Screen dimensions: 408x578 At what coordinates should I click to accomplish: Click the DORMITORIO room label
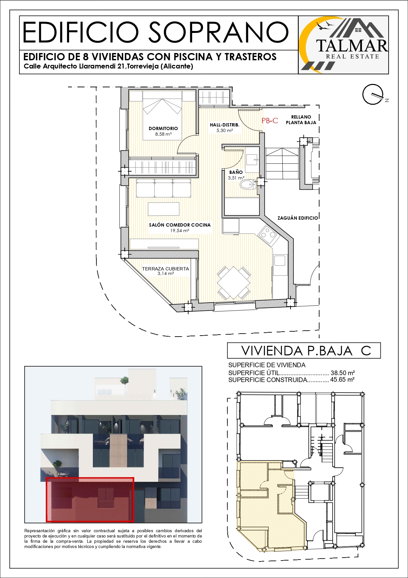[163, 128]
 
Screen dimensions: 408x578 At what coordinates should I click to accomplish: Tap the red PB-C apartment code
[270, 121]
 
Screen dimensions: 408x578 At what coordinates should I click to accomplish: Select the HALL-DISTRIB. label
[225, 125]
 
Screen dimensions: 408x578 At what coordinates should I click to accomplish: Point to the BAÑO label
[236, 172]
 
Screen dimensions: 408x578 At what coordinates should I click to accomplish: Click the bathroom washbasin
[252, 159]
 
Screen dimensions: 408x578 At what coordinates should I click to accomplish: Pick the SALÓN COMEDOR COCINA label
[180, 225]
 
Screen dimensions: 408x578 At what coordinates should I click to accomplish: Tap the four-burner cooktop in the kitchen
[269, 234]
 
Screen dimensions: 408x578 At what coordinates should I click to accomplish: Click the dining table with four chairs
[234, 283]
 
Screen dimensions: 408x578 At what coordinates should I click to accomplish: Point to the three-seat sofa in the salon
[164, 188]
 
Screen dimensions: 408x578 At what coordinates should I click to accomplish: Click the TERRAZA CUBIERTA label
[166, 269]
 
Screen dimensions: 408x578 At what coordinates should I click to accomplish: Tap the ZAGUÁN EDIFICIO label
[298, 218]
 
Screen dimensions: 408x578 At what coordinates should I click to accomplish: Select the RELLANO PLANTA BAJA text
[301, 120]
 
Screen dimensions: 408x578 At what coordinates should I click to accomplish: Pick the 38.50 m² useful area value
[343, 373]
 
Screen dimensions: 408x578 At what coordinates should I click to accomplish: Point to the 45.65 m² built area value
[342, 380]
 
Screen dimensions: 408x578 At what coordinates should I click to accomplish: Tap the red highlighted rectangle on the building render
[90, 500]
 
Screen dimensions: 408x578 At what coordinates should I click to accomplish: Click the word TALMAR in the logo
[352, 46]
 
